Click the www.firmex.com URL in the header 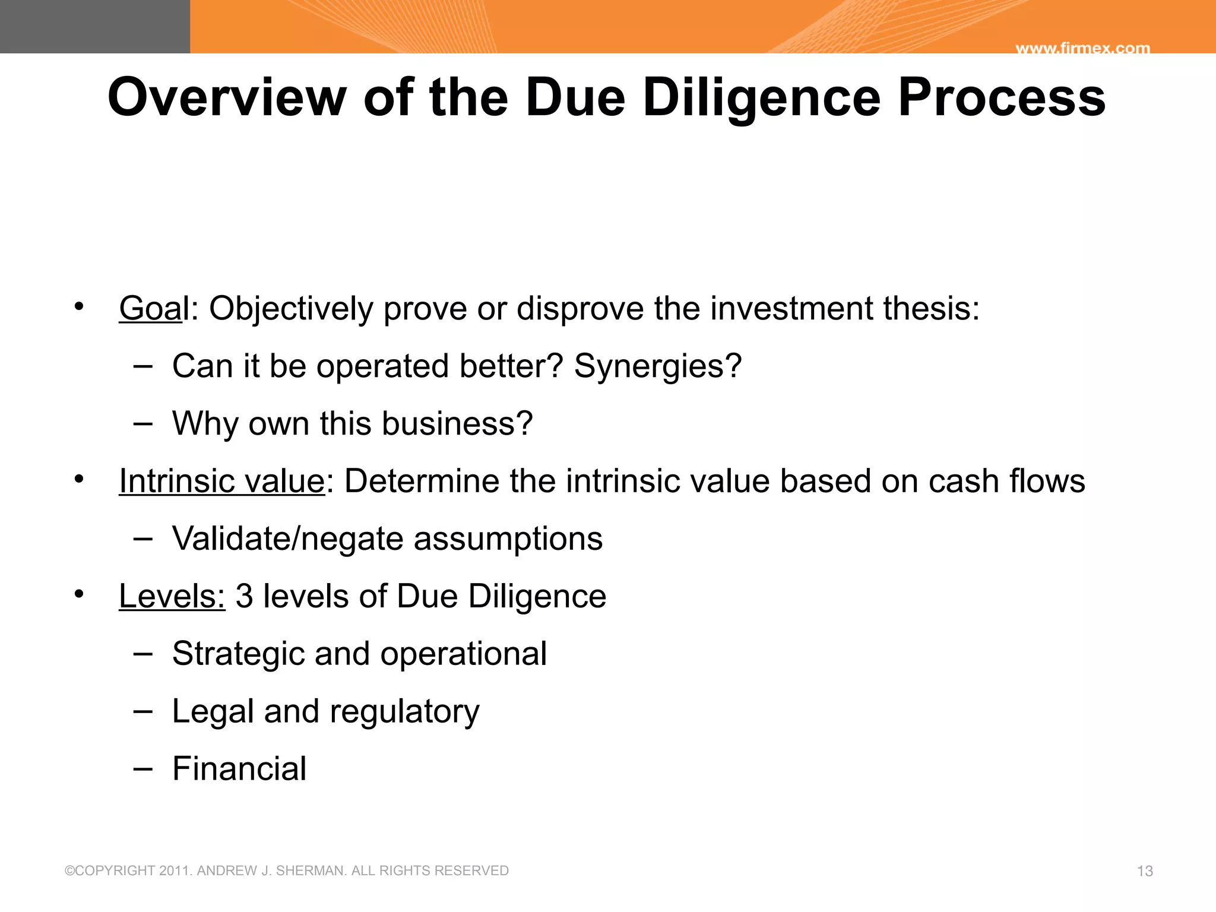[1082, 48]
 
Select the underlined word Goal [151, 309]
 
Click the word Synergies [657, 366]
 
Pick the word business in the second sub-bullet [457, 423]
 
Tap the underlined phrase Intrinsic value [222, 481]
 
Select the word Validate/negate [287, 539]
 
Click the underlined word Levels [172, 596]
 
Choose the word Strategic [237, 654]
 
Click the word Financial [239, 769]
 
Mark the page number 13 [1145, 871]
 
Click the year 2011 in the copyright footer [175, 871]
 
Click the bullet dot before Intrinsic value [79, 479]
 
